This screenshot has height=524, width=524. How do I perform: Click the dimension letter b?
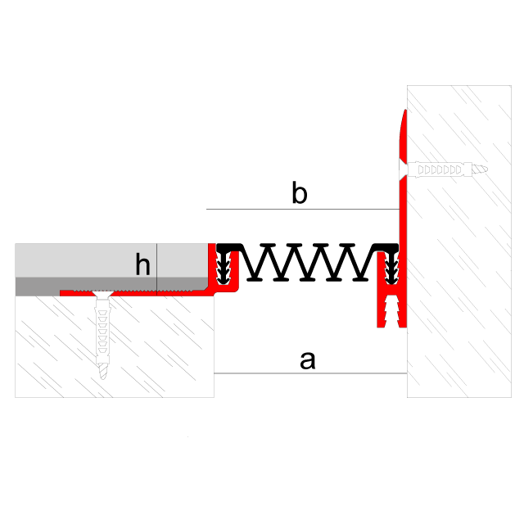[x=300, y=192]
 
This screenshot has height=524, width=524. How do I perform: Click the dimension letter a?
[x=308, y=360]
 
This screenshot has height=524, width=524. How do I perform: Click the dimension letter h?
[x=142, y=264]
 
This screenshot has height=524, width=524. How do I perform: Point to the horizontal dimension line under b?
[x=303, y=210]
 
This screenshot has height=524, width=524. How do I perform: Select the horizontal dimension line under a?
[x=310, y=373]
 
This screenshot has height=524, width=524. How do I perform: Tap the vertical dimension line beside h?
[x=156, y=269]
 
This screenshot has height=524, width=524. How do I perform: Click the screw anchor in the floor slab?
[x=102, y=335]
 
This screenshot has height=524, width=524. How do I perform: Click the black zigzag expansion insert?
[x=308, y=262]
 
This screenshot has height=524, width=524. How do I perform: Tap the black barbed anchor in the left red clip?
[x=224, y=268]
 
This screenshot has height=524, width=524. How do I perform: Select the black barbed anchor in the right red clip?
[x=391, y=268]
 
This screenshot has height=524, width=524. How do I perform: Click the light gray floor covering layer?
[x=111, y=260]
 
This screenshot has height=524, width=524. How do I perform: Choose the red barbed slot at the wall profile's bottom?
[x=391, y=312]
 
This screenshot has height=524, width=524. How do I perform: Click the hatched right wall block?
[x=459, y=242]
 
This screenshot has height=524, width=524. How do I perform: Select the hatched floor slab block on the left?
[x=115, y=347]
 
